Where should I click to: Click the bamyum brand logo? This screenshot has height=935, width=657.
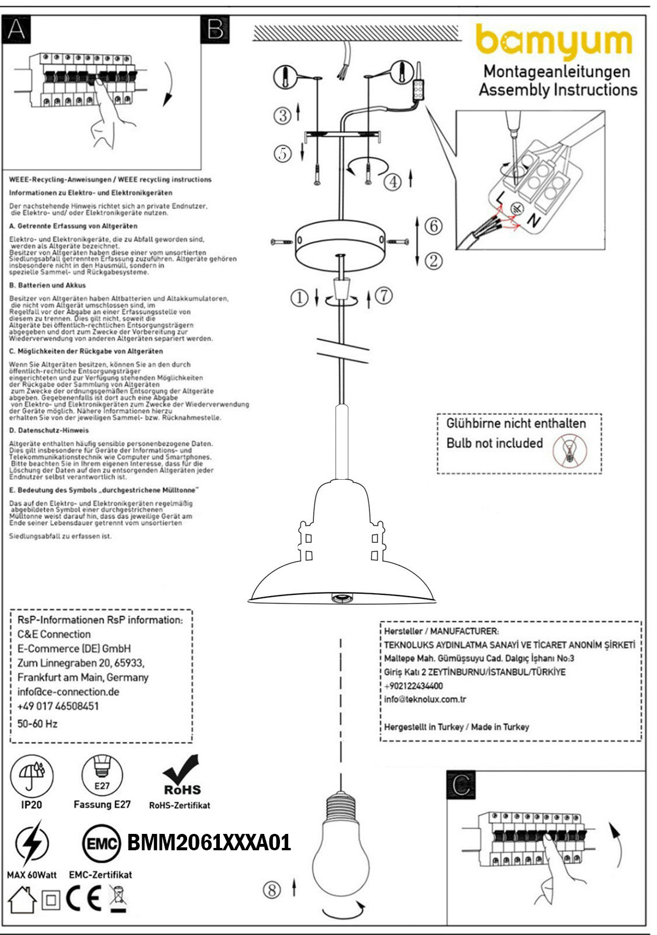pos(554,42)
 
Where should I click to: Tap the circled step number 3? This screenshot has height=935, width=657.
pos(283,115)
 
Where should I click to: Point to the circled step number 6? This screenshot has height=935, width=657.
pos(433,226)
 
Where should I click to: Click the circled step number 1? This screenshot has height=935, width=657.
pos(299,298)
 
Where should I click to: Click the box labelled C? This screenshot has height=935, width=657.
pos(461,785)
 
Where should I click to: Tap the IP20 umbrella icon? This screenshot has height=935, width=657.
pos(32,775)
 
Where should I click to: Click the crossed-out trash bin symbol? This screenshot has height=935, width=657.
pos(118,899)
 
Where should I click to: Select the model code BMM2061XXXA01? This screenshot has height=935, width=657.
pos(209,843)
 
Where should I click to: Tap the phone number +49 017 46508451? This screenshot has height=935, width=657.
pos(58,706)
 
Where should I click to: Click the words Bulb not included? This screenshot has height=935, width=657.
pos(495,443)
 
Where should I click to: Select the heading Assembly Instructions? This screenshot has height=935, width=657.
pos(558,90)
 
